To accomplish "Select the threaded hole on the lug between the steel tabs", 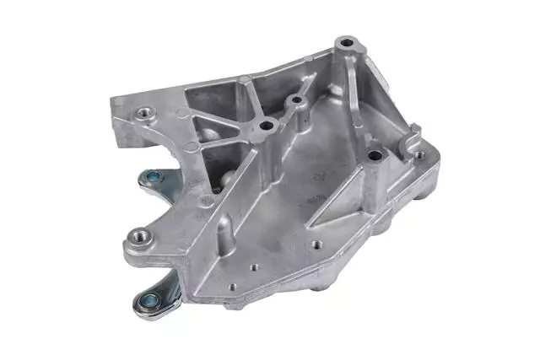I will pyautogui.click(x=138, y=234).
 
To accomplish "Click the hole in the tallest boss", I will pyautogui.click(x=346, y=41).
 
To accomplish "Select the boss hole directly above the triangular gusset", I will pyautogui.click(x=372, y=154).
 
